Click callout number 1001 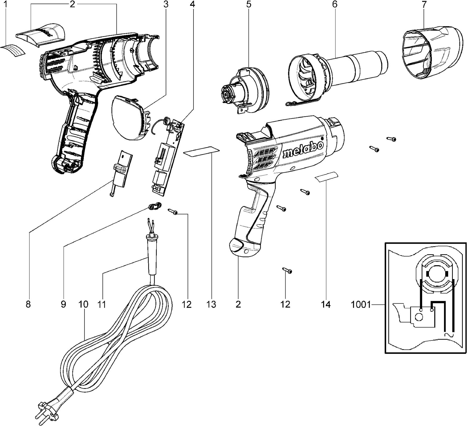click(361, 305)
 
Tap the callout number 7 click(424, 4)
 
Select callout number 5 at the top click(249, 4)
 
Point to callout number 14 click(326, 305)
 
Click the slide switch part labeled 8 click(122, 171)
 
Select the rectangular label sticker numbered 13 click(201, 152)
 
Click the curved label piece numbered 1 click(14, 50)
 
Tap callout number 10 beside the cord click(83, 305)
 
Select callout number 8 click(28, 305)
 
